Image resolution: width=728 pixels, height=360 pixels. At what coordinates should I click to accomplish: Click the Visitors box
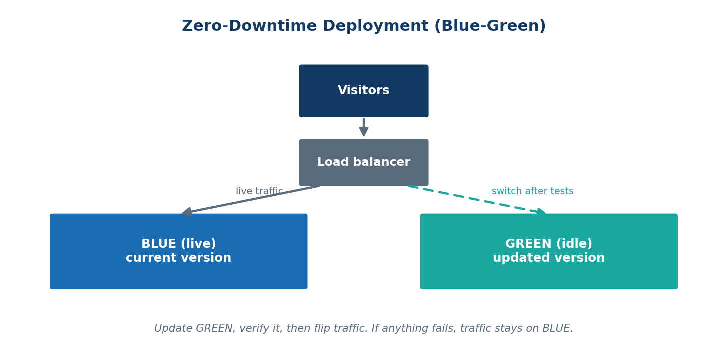click(x=364, y=91)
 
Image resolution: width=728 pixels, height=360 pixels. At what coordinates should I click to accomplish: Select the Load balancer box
click(x=364, y=163)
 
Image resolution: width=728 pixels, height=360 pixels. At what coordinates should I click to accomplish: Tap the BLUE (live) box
click(x=179, y=251)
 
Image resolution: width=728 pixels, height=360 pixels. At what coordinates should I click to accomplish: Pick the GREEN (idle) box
click(x=549, y=251)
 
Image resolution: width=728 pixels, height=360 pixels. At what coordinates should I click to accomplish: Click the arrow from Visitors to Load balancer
click(x=364, y=127)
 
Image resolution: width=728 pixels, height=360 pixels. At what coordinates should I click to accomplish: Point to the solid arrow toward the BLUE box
click(x=251, y=200)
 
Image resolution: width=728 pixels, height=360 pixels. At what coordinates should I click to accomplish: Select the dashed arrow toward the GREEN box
click(x=477, y=200)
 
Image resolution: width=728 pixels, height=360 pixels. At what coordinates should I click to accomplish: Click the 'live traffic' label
click(x=259, y=191)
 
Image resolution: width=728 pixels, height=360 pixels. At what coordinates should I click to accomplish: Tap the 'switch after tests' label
click(x=532, y=191)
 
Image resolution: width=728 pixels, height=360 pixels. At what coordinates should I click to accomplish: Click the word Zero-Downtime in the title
click(x=249, y=26)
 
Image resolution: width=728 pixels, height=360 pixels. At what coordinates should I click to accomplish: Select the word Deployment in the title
click(x=375, y=26)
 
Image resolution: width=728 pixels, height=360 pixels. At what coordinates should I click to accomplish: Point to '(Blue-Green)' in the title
click(x=490, y=26)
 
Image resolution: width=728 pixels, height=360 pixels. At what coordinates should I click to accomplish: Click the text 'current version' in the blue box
click(x=179, y=258)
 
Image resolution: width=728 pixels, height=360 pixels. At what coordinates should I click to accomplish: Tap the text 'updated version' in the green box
click(x=549, y=258)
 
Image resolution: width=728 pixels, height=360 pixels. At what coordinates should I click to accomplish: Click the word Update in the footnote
click(x=173, y=329)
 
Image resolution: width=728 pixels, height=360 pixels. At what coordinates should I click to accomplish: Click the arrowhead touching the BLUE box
click(x=187, y=212)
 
